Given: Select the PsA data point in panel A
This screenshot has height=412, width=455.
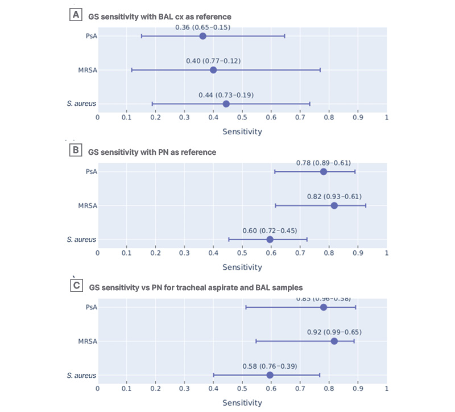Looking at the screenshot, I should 203,36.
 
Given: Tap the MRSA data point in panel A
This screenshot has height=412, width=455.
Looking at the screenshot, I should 213,70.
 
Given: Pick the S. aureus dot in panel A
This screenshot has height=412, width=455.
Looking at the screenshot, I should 226,104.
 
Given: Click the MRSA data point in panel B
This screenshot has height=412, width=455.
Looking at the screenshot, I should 334,205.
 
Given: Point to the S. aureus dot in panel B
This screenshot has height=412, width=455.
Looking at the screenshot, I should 270,240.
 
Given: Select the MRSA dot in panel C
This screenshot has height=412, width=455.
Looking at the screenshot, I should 334,341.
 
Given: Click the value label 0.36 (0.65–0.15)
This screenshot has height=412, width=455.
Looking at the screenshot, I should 203,26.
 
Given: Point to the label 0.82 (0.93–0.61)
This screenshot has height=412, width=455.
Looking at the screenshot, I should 334,196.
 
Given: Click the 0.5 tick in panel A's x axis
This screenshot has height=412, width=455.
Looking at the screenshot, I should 242,117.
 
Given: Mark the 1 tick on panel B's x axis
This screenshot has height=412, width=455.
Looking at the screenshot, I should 387,253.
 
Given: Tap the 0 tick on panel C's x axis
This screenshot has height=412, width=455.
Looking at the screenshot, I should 97,389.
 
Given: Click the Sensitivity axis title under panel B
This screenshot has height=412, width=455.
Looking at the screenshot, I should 242,267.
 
